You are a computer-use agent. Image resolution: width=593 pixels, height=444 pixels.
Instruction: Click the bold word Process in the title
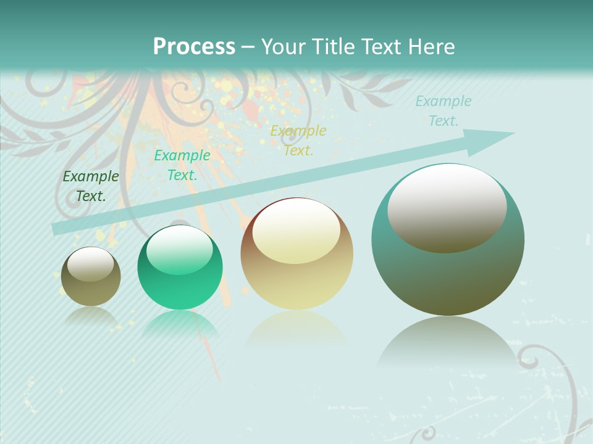click(194, 47)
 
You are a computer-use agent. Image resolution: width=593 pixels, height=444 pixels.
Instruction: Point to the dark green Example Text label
click(91, 186)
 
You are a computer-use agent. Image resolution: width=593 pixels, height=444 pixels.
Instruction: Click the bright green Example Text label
click(182, 165)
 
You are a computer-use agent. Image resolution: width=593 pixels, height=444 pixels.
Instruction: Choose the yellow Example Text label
click(298, 140)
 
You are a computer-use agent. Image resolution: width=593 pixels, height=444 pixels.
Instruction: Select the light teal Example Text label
click(444, 111)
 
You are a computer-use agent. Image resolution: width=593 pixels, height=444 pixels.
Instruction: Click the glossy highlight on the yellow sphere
click(296, 229)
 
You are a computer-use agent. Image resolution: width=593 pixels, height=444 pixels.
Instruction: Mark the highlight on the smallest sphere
click(90, 264)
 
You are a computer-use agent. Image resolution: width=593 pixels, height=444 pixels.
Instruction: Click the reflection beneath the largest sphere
click(448, 342)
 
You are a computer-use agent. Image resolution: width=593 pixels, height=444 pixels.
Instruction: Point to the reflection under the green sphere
click(180, 323)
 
